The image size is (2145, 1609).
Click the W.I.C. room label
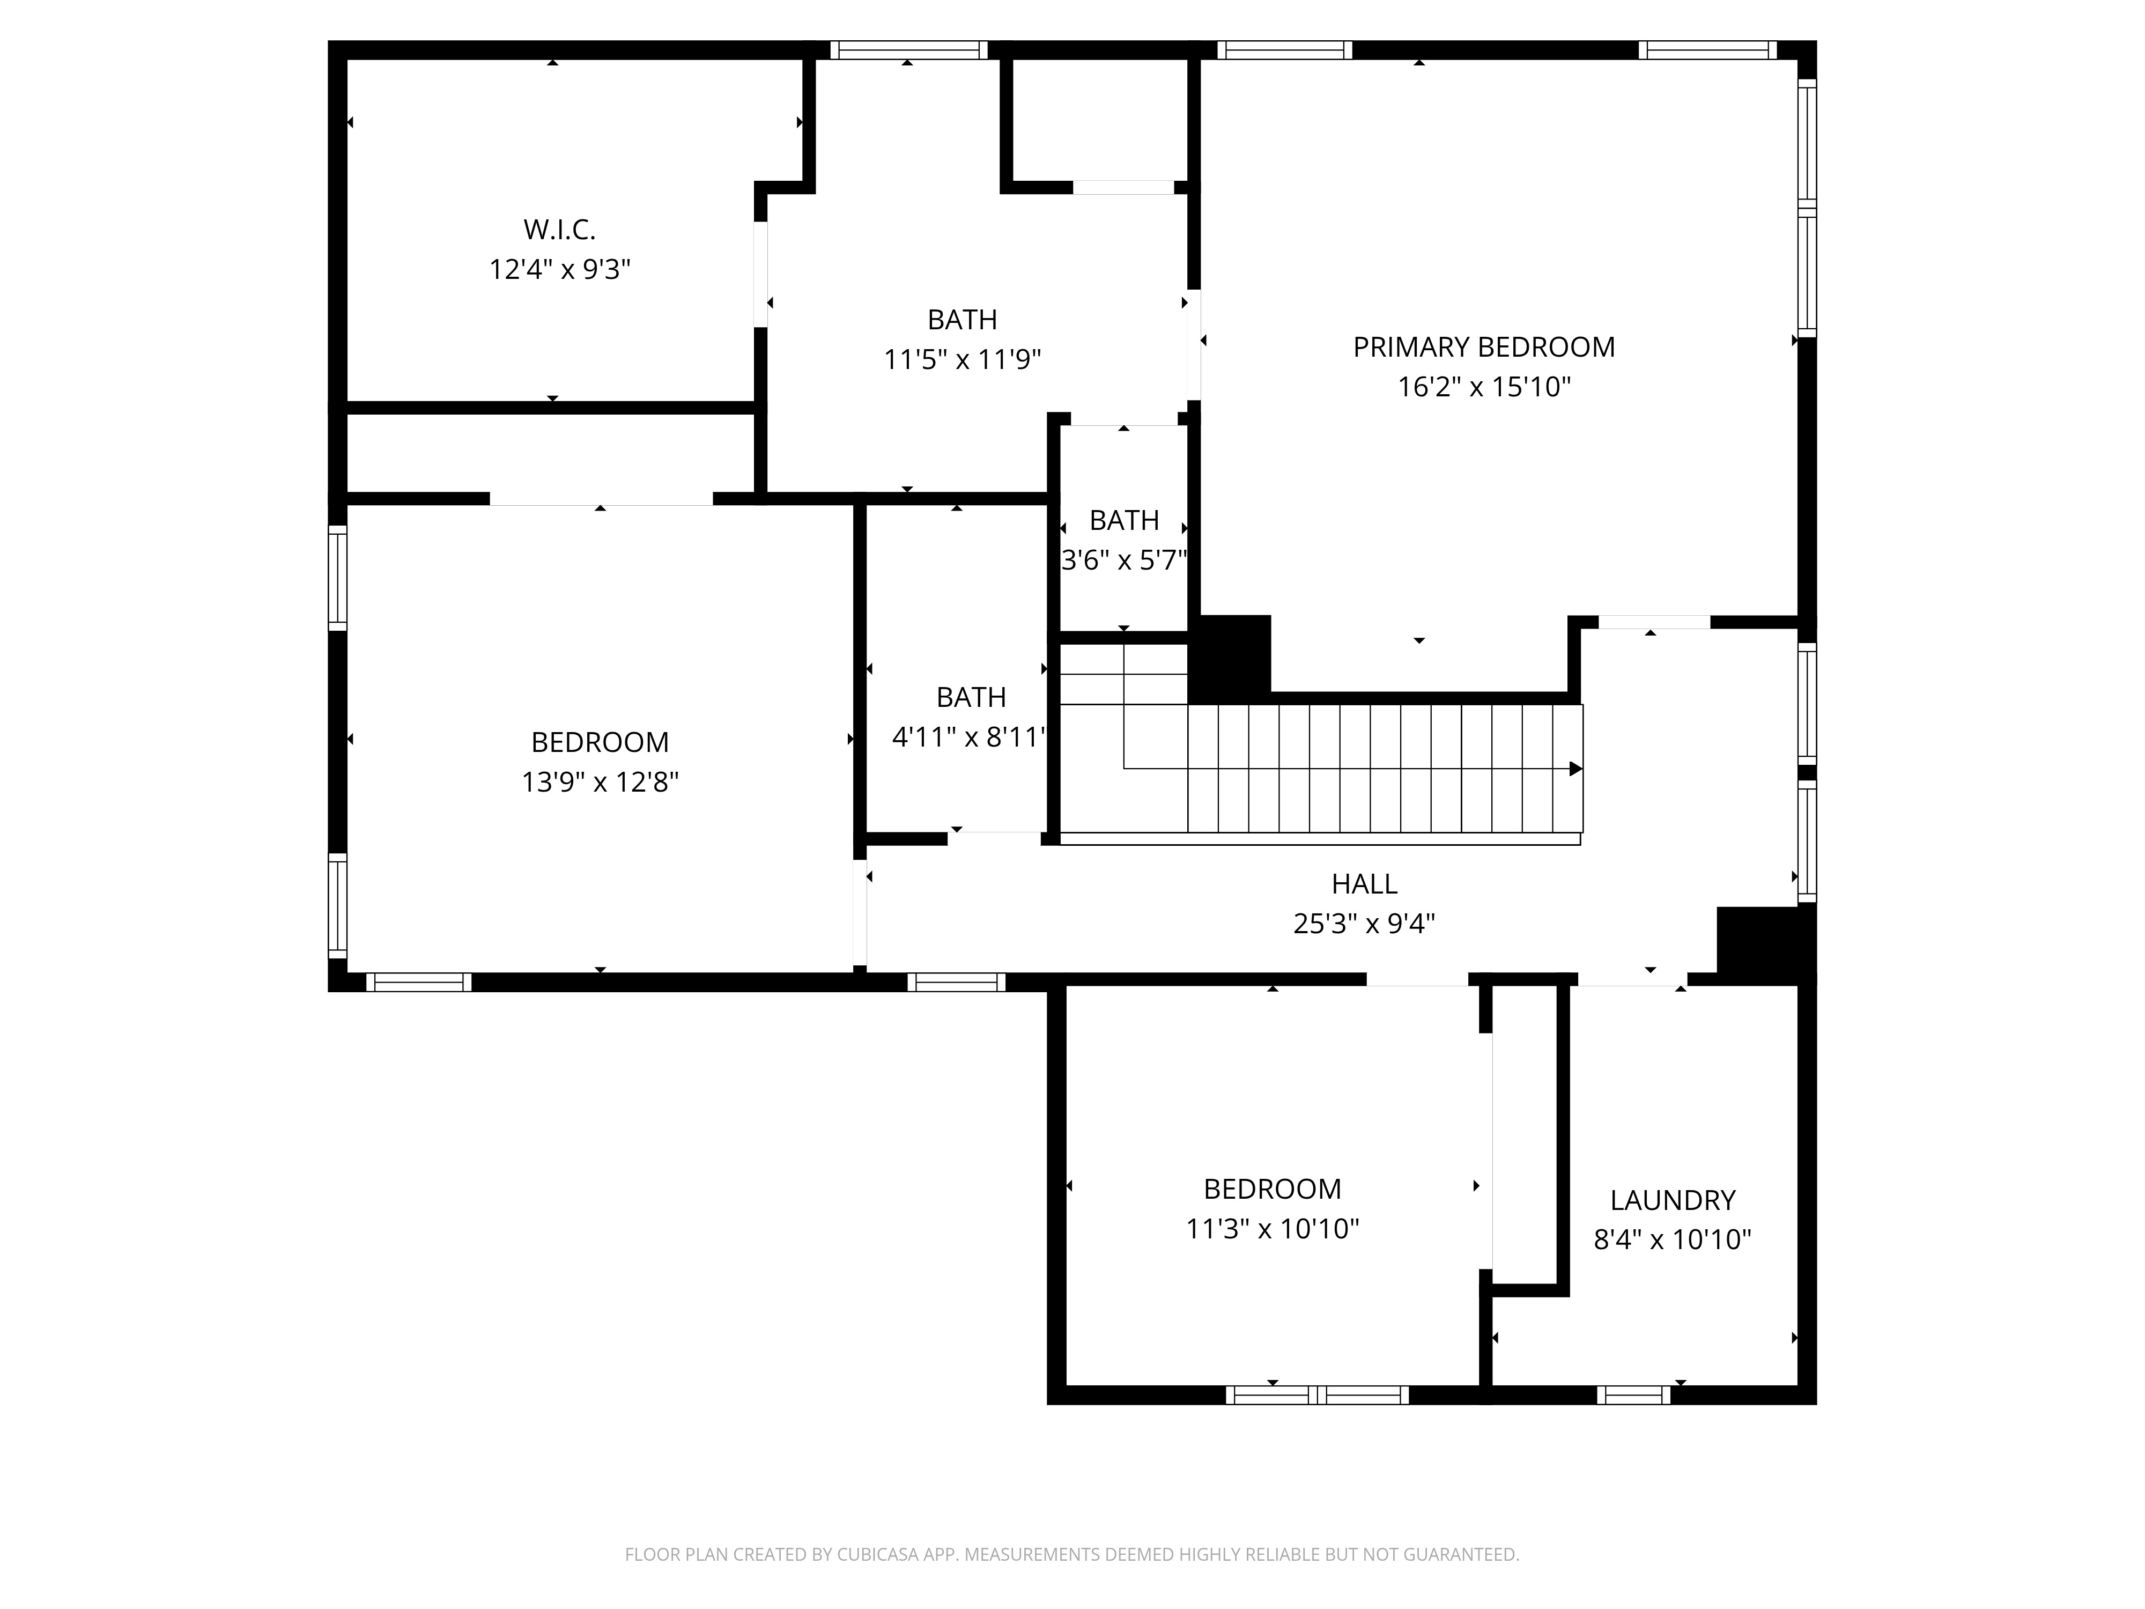click(559, 230)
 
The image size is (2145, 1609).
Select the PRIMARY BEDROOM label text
click(1484, 347)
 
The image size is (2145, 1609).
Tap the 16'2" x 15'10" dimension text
click(1484, 387)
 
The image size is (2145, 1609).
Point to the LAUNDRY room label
click(1673, 1201)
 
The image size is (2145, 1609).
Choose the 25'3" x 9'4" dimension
click(1364, 924)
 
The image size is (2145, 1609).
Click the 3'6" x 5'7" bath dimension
click(1124, 560)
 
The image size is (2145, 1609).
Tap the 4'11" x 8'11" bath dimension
click(970, 737)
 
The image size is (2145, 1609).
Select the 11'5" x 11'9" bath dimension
click(962, 360)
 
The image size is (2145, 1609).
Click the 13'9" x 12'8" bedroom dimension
click(600, 782)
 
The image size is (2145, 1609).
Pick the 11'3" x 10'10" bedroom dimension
click(1273, 1229)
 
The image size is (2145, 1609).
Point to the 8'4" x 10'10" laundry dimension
click(1673, 1239)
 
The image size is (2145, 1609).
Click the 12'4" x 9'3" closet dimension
click(559, 270)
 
